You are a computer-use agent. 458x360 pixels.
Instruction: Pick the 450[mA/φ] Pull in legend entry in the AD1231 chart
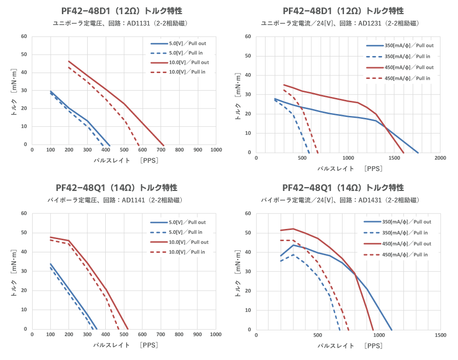click(407, 78)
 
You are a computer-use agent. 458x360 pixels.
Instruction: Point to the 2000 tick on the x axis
click(440, 158)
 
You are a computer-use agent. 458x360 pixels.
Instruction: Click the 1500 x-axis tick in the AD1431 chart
click(440, 335)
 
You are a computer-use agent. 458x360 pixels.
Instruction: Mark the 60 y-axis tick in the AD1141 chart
click(24, 213)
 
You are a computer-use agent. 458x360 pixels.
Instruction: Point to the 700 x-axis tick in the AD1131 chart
click(161, 150)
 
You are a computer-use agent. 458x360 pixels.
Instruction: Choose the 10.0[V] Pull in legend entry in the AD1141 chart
click(187, 252)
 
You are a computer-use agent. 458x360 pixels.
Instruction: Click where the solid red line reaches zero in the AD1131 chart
click(164, 145)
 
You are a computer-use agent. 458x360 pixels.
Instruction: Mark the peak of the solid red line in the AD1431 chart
click(293, 228)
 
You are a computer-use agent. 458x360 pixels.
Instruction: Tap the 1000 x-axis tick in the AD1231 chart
click(348, 158)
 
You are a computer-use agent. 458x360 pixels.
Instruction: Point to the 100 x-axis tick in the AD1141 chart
click(51, 335)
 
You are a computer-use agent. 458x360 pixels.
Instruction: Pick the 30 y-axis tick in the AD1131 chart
click(24, 90)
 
